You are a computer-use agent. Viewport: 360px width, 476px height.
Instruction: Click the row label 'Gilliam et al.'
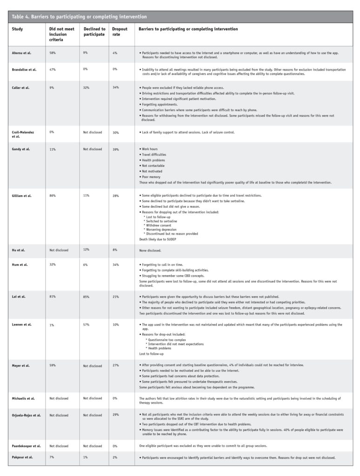pyautogui.click(x=22, y=196)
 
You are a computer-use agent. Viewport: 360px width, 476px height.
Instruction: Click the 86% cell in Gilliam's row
pyautogui.click(x=53, y=196)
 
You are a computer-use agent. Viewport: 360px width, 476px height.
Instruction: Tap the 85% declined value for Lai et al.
pyautogui.click(x=86, y=296)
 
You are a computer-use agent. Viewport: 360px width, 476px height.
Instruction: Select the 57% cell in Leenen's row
pyautogui.click(x=86, y=324)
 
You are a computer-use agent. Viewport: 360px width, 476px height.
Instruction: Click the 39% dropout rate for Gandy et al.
pyautogui.click(x=115, y=149)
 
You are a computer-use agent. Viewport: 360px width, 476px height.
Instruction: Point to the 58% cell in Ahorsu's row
pyautogui.click(x=53, y=53)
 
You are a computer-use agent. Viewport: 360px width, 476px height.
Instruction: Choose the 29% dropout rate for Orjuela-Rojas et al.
pyautogui.click(x=115, y=415)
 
